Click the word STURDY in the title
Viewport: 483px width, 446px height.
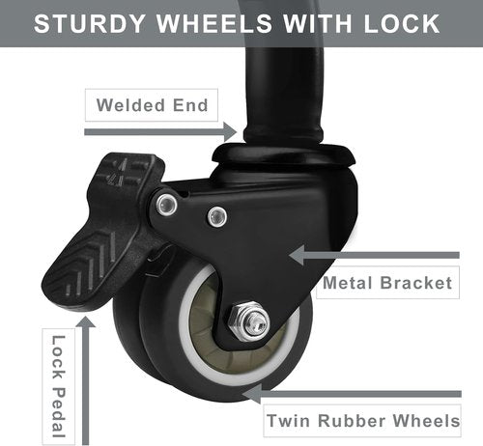89,23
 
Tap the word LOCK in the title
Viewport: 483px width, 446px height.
402,23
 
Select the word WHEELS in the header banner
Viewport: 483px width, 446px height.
214,23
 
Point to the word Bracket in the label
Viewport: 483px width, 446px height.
416,283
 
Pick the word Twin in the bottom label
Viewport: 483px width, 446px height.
288,421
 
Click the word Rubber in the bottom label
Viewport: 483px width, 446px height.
352,421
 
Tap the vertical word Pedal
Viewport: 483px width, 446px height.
59,412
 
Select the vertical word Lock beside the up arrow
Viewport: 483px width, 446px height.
59,357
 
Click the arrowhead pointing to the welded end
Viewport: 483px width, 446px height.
231,132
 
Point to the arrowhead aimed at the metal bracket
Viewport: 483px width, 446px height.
297,255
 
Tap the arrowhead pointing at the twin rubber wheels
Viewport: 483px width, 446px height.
251,394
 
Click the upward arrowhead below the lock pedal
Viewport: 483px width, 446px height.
85,321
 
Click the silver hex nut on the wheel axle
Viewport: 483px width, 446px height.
249,321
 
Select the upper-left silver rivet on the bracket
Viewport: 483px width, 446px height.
166,205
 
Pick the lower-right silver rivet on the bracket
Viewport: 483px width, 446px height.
217,216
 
